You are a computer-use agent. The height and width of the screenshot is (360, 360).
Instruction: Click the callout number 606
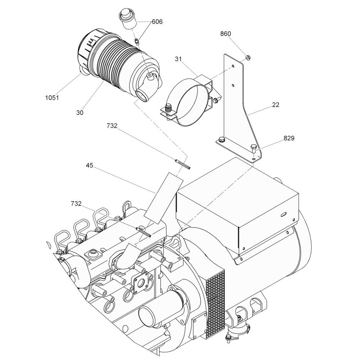click(x=157, y=22)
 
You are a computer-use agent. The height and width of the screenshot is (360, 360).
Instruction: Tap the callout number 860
click(x=225, y=34)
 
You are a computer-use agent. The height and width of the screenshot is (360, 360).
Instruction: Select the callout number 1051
click(x=52, y=98)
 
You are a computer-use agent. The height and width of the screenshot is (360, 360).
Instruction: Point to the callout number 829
click(x=289, y=138)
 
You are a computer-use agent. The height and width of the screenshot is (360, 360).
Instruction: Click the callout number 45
click(x=90, y=165)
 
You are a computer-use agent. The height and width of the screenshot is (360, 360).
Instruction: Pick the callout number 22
click(x=276, y=105)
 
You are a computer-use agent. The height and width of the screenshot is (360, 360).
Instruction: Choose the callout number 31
click(x=178, y=59)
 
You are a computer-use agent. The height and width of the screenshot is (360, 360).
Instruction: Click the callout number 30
click(x=80, y=113)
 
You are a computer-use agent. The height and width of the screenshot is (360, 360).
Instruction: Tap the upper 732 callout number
click(x=112, y=126)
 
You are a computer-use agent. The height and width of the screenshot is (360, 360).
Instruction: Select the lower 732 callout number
click(x=76, y=204)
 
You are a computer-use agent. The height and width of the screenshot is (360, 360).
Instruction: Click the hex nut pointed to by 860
click(x=248, y=57)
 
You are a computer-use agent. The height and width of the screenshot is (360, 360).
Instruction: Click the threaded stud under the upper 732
click(x=183, y=164)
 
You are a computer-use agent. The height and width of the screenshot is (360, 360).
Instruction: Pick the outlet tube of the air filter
click(x=142, y=95)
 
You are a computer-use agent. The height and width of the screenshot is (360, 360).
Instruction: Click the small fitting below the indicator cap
click(x=136, y=41)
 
